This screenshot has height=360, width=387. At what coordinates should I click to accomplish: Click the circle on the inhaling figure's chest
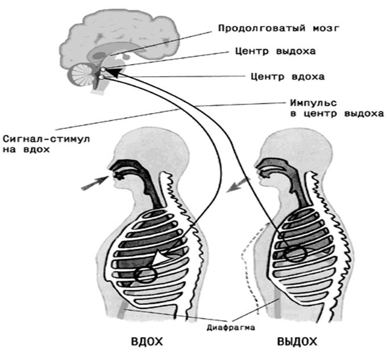pyautogui.click(x=145, y=275)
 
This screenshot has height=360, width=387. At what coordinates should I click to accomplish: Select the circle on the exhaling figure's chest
pyautogui.click(x=296, y=253)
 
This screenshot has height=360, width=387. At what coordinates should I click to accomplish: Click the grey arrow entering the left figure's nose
pyautogui.click(x=94, y=183)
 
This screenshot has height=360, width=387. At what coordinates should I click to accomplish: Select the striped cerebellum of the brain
pyautogui.click(x=82, y=74)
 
